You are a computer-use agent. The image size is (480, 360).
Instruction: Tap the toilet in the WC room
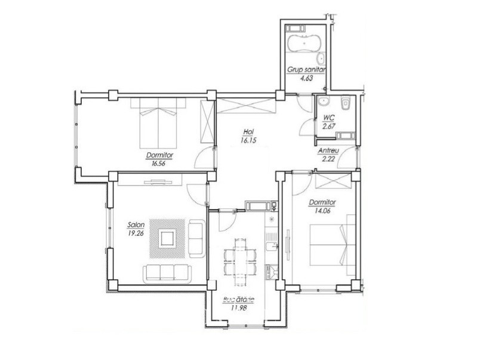click(346, 103)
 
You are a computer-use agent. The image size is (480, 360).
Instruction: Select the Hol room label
click(248, 131)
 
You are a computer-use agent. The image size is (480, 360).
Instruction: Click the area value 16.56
click(158, 164)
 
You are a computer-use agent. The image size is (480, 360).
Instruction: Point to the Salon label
click(136, 225)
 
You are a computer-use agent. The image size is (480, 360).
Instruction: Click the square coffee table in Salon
click(167, 238)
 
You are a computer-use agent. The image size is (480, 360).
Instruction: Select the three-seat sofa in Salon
click(167, 273)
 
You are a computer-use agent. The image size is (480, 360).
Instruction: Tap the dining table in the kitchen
click(239, 261)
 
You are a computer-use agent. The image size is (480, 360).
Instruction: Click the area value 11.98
click(239, 307)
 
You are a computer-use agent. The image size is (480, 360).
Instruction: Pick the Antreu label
click(328, 151)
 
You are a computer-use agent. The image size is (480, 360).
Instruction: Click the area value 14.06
click(322, 211)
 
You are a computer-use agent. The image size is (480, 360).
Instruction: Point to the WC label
click(329, 118)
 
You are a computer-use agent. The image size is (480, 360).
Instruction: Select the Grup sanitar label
click(306, 70)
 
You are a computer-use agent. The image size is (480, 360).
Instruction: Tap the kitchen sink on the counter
click(272, 246)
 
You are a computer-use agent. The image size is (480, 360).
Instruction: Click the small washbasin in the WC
click(322, 101)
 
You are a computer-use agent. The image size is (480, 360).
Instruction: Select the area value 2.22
click(328, 159)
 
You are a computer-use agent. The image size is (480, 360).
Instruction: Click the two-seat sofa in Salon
click(197, 238)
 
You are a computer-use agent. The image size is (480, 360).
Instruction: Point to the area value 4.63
click(306, 78)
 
